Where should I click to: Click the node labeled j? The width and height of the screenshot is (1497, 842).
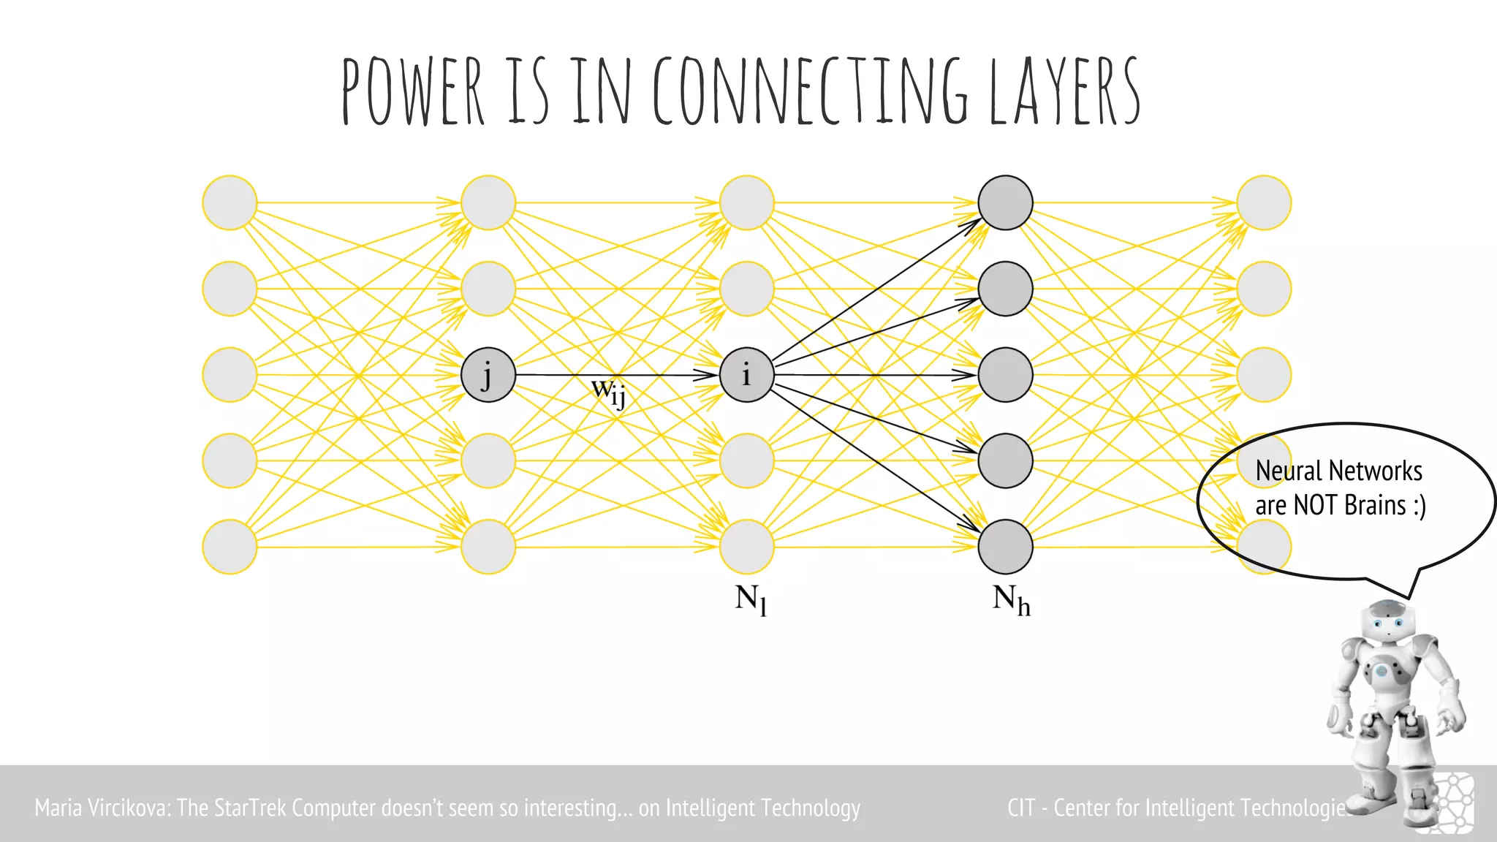pos(488,375)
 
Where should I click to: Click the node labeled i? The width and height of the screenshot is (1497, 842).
pos(746,375)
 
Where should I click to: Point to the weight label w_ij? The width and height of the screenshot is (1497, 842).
pos(608,392)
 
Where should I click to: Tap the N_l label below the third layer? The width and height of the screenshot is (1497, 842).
pos(751,600)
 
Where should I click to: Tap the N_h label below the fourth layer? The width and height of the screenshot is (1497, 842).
pos(1011,600)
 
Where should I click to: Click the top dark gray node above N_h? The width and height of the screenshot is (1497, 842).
pos(1005,202)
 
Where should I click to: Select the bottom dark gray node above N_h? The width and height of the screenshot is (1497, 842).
pos(1005,547)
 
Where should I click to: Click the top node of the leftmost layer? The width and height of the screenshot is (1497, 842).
pos(230,202)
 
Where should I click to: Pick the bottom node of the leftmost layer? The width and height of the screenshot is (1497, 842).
pos(230,547)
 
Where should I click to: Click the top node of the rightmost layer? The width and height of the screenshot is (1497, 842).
pos(1264,202)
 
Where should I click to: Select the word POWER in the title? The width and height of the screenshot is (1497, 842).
pos(413,91)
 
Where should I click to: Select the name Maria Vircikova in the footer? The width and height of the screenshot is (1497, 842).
pos(102,808)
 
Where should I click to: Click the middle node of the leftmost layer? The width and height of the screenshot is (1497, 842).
pos(230,375)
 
